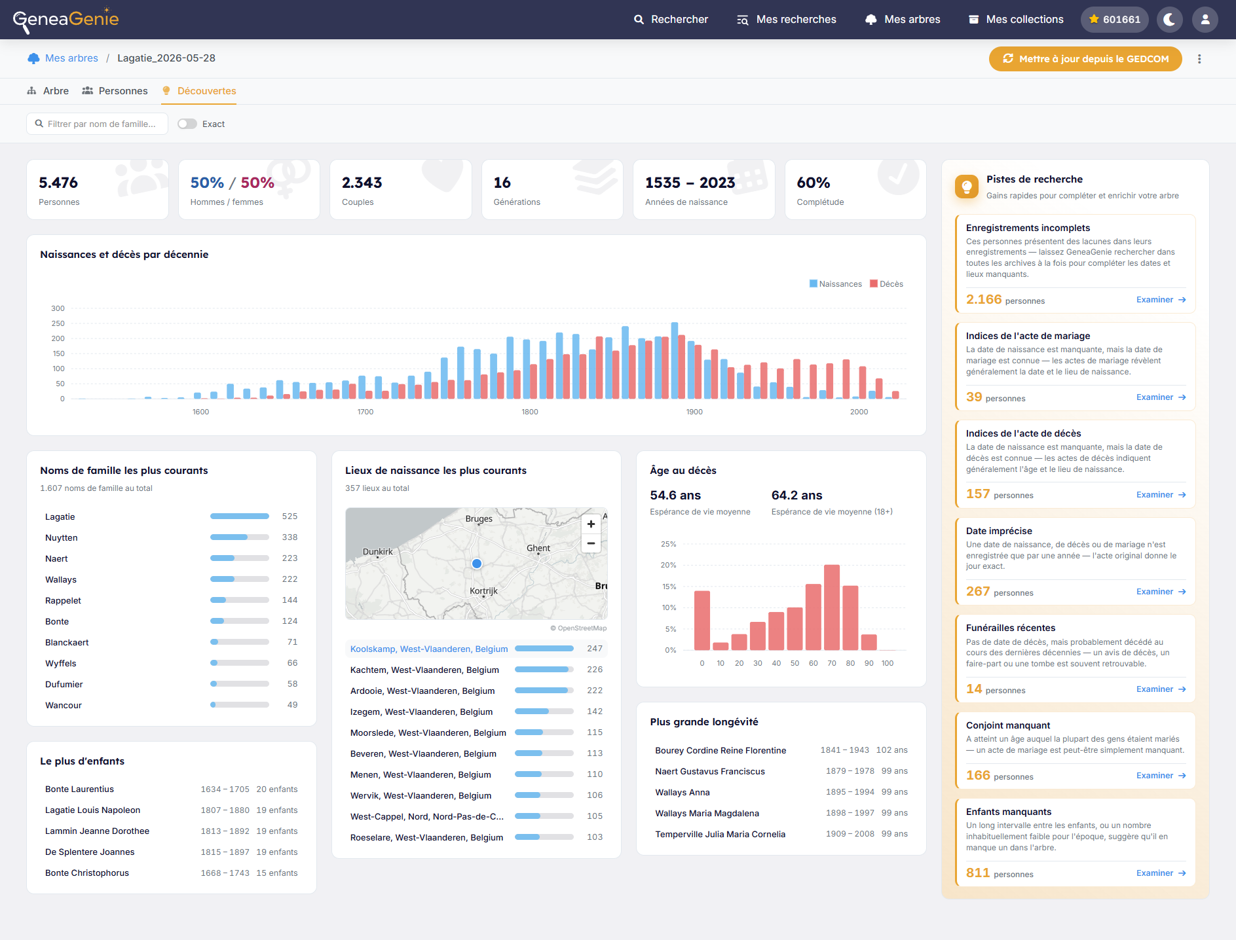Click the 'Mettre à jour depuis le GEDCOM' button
(1085, 59)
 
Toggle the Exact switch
(187, 124)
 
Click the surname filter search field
(97, 124)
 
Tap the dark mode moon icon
(1169, 20)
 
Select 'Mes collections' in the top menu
(1016, 20)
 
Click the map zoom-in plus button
(591, 524)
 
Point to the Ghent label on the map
(538, 549)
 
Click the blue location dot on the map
(477, 564)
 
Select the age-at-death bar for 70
(832, 607)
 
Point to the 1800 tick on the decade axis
(530, 412)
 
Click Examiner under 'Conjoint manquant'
(1161, 776)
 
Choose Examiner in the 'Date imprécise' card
(1161, 592)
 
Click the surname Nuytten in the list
(62, 537)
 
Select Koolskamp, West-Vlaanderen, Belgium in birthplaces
(429, 649)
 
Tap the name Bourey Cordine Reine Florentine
(721, 750)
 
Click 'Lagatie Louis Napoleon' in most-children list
(93, 810)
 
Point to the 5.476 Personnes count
(58, 183)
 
